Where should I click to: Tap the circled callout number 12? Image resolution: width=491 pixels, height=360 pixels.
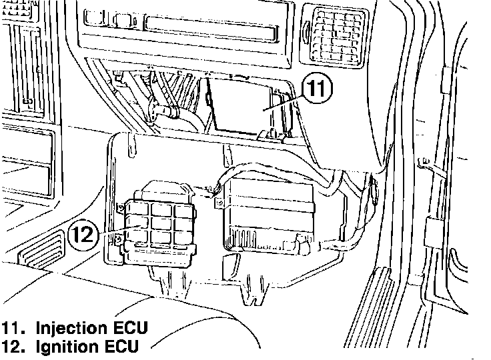tap(83, 235)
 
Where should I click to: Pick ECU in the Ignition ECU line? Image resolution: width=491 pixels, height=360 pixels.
tap(120, 346)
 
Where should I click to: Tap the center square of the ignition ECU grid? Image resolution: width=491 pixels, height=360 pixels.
tap(160, 221)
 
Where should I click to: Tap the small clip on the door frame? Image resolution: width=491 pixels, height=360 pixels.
tap(422, 163)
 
